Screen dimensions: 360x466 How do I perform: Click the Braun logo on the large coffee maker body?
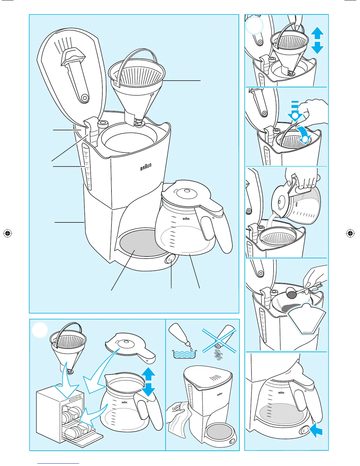[146, 167]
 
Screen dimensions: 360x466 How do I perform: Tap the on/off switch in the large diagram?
[170, 260]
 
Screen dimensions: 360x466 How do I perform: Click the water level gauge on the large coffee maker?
[87, 168]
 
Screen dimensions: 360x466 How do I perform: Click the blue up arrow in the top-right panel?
[317, 33]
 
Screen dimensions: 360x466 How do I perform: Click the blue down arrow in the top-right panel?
[317, 48]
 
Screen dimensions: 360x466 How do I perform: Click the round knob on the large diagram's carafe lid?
[187, 192]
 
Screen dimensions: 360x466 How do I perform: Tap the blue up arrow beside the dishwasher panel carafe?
[149, 374]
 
